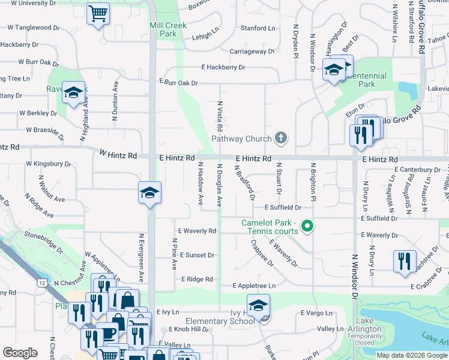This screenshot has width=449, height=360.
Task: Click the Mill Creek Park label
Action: click(x=168, y=29)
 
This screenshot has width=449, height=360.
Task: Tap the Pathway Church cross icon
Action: click(x=280, y=139)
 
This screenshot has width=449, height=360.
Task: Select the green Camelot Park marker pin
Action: click(x=307, y=226)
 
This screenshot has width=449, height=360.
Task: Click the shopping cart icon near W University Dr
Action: click(x=98, y=13)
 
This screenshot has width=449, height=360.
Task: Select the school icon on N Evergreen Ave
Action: click(x=149, y=193)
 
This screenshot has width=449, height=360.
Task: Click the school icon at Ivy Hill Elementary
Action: click(x=258, y=305)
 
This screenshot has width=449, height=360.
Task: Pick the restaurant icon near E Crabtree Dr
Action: click(x=404, y=261)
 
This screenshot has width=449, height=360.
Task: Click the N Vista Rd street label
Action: click(x=220, y=116)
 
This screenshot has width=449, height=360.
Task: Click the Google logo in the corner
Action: click(x=20, y=353)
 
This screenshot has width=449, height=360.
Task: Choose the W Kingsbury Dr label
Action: click(x=48, y=163)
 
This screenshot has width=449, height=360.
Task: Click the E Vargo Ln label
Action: click(x=316, y=313)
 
